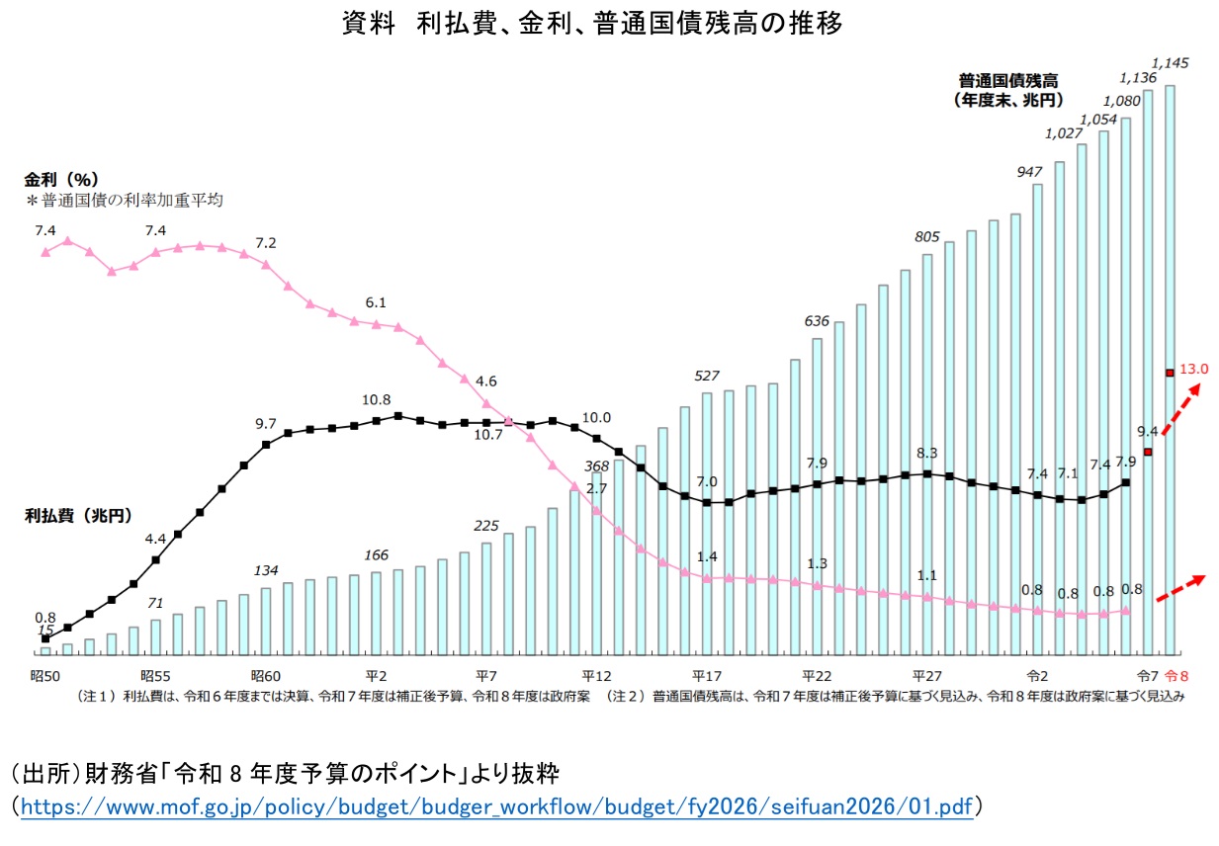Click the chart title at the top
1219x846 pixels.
593,24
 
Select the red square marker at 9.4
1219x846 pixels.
1148,452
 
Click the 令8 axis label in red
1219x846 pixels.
1177,676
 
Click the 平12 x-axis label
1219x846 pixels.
596,676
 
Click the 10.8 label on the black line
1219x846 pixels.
376,400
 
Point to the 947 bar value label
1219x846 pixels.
1030,171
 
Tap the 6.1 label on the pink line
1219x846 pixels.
376,302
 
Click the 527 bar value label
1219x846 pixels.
707,376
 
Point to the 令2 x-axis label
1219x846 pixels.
1037,676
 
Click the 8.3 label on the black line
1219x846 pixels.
927,453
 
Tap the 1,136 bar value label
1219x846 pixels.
1138,76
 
